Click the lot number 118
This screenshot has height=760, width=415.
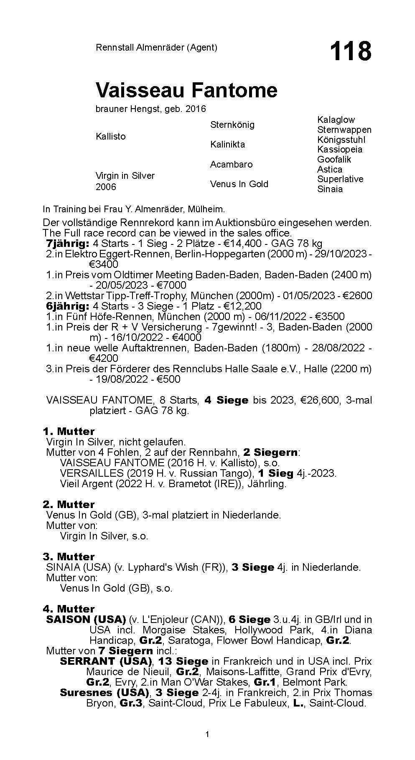click(x=350, y=51)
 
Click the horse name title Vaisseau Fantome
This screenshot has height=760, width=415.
click(x=186, y=90)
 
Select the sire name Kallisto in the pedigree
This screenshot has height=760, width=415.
click(x=110, y=137)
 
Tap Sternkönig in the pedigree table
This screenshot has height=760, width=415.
click(x=232, y=125)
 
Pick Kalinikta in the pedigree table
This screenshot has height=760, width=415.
click(x=227, y=145)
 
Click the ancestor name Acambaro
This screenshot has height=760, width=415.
click(x=231, y=164)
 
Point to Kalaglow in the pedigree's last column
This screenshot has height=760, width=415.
click(x=336, y=120)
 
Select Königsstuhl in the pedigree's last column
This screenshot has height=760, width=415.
click(x=341, y=140)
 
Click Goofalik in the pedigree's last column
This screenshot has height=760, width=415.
click(x=334, y=159)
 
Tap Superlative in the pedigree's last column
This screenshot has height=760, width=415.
click(x=340, y=179)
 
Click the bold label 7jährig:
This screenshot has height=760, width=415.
click(x=67, y=244)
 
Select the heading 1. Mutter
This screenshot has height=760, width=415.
click(x=69, y=431)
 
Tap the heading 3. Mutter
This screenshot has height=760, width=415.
click(x=69, y=557)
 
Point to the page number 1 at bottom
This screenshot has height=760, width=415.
click(x=207, y=735)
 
